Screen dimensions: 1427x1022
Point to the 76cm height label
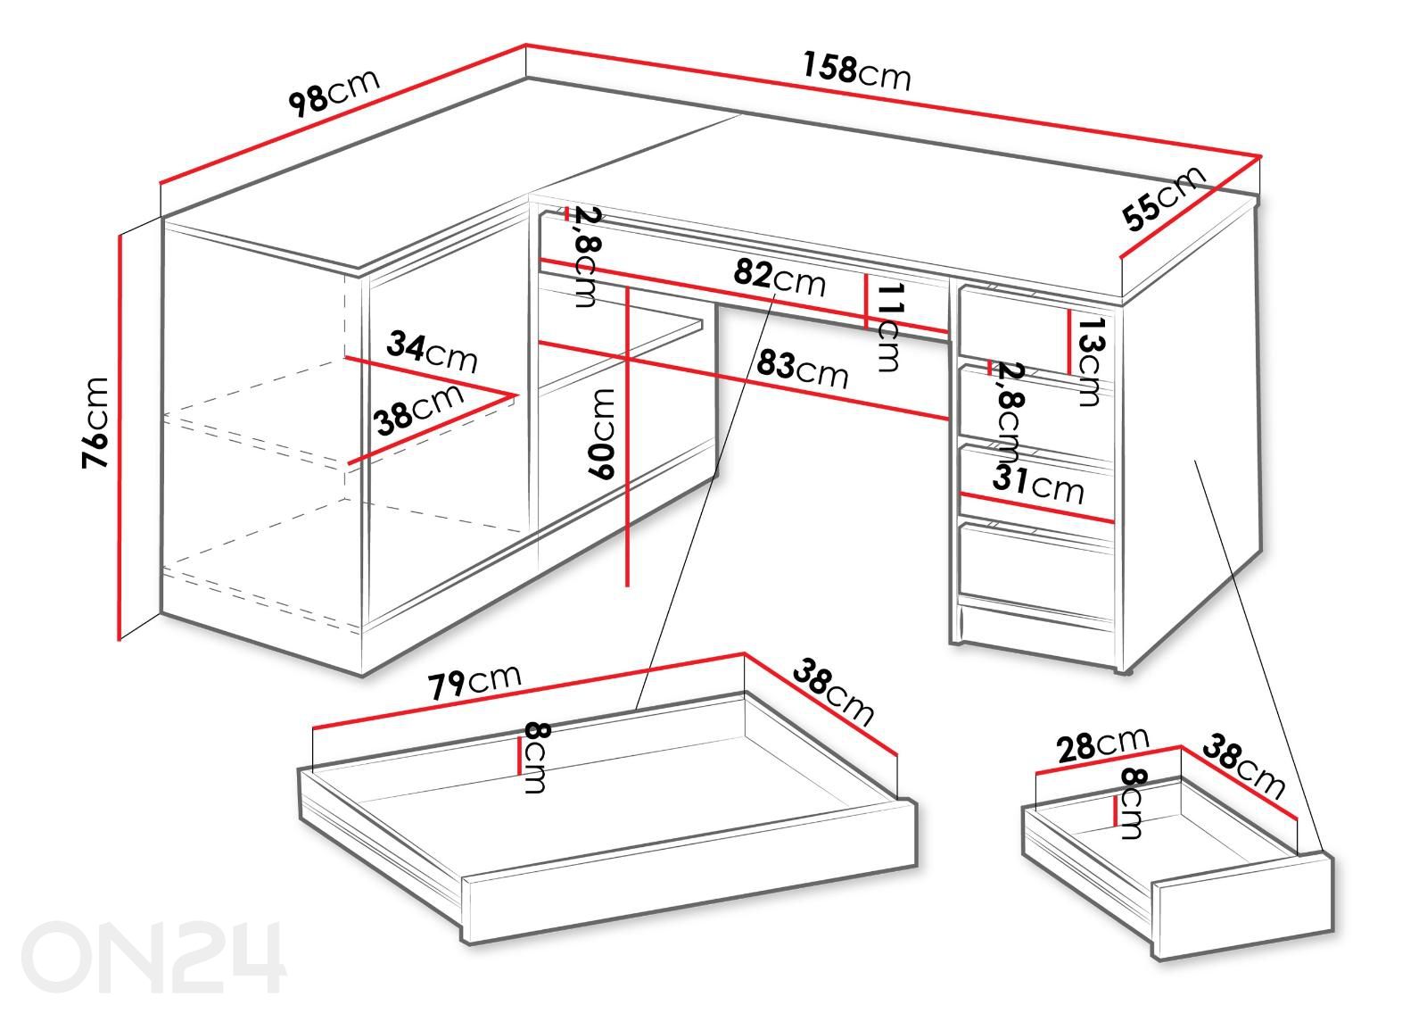[x=95, y=423]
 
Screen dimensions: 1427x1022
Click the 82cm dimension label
[x=779, y=278]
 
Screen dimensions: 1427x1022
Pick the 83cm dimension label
[x=802, y=370]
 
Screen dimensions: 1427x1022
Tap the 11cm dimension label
[x=890, y=328]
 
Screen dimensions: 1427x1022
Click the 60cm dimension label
[x=601, y=434]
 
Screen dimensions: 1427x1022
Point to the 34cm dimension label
[x=432, y=352]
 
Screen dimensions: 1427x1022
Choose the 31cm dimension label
[x=1037, y=486]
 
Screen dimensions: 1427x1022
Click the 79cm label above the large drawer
[x=474, y=682]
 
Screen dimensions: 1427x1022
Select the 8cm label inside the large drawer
[x=535, y=758]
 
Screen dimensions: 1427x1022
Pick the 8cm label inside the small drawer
[x=1132, y=803]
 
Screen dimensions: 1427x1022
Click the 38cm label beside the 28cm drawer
[x=1243, y=767]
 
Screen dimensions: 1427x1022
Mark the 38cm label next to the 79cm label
[x=833, y=693]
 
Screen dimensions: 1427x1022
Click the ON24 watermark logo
[x=153, y=957]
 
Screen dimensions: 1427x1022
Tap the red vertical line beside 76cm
[x=120, y=436]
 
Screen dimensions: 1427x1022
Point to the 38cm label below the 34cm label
[x=418, y=409]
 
